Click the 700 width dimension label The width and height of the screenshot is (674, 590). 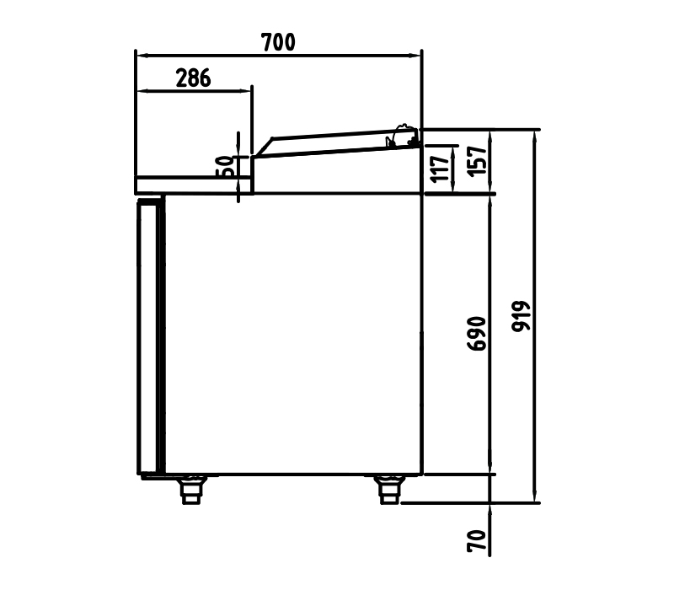278,42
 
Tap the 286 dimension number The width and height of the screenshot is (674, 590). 194,78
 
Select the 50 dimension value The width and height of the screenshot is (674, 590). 225,166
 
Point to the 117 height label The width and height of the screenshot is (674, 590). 440,169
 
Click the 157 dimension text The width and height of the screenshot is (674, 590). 477,161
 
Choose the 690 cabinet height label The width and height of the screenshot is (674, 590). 477,334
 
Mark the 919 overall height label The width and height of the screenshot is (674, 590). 521,316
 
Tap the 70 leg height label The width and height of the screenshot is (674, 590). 477,541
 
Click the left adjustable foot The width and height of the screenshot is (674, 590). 191,490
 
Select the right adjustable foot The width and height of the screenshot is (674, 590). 390,490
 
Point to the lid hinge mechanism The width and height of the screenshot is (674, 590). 403,137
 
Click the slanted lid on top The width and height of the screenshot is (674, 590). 335,143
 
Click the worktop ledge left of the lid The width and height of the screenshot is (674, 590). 194,185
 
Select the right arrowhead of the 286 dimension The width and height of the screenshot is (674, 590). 245,91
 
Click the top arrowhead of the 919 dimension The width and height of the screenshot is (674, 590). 535,137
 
